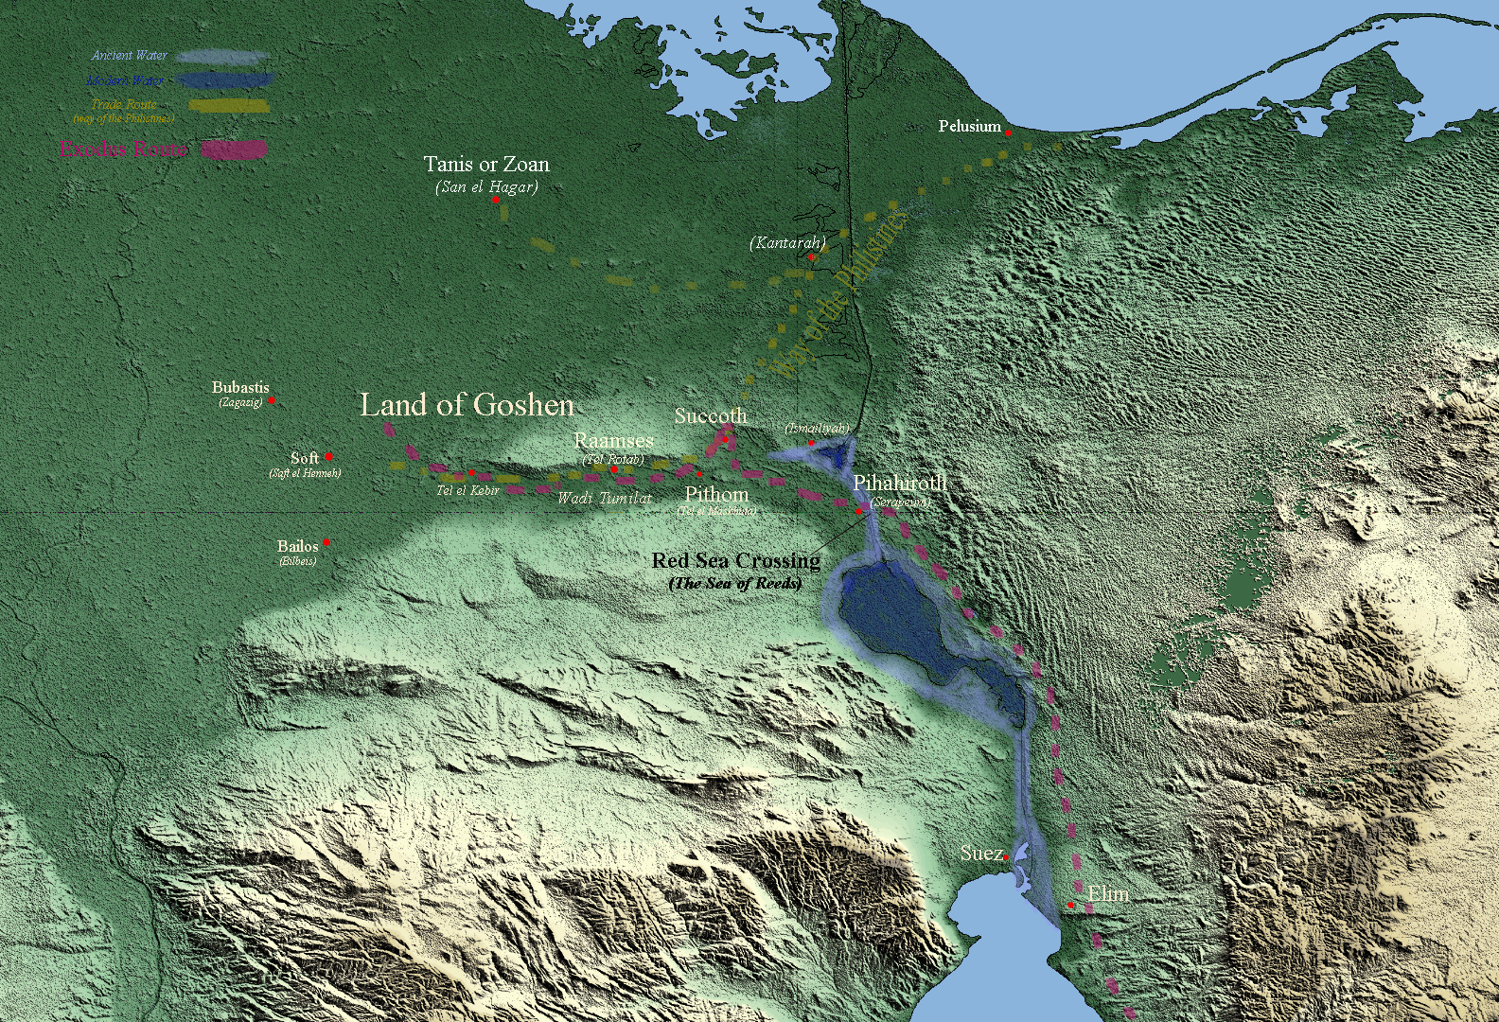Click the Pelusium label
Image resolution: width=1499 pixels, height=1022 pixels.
tap(969, 126)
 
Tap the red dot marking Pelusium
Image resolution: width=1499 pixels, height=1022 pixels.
tap(1008, 133)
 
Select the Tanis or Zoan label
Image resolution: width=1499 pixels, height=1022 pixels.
tap(486, 165)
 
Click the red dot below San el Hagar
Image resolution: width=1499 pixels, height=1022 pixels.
tap(495, 201)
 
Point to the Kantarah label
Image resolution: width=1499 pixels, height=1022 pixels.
tap(787, 243)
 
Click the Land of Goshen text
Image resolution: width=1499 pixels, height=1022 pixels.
tap(467, 405)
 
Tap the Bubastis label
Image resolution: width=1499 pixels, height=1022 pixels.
tap(240, 387)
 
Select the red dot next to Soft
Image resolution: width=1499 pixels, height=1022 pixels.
tap(328, 457)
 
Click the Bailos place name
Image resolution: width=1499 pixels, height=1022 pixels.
tap(297, 546)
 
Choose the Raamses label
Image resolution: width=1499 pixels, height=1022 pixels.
tap(613, 441)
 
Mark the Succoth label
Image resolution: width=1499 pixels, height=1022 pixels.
tap(710, 416)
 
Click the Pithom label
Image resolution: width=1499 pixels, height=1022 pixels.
tap(716, 495)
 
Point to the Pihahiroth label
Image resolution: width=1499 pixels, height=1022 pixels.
tap(899, 484)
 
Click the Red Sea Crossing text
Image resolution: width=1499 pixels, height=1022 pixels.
tap(736, 561)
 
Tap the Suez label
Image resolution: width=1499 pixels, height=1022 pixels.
tap(980, 854)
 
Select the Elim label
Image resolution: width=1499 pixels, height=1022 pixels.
tap(1108, 894)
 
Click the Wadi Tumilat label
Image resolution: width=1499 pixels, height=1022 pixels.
tap(604, 498)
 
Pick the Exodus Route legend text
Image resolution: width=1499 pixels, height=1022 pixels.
tap(124, 150)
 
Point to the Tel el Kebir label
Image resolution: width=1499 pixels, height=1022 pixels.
tap(467, 490)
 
